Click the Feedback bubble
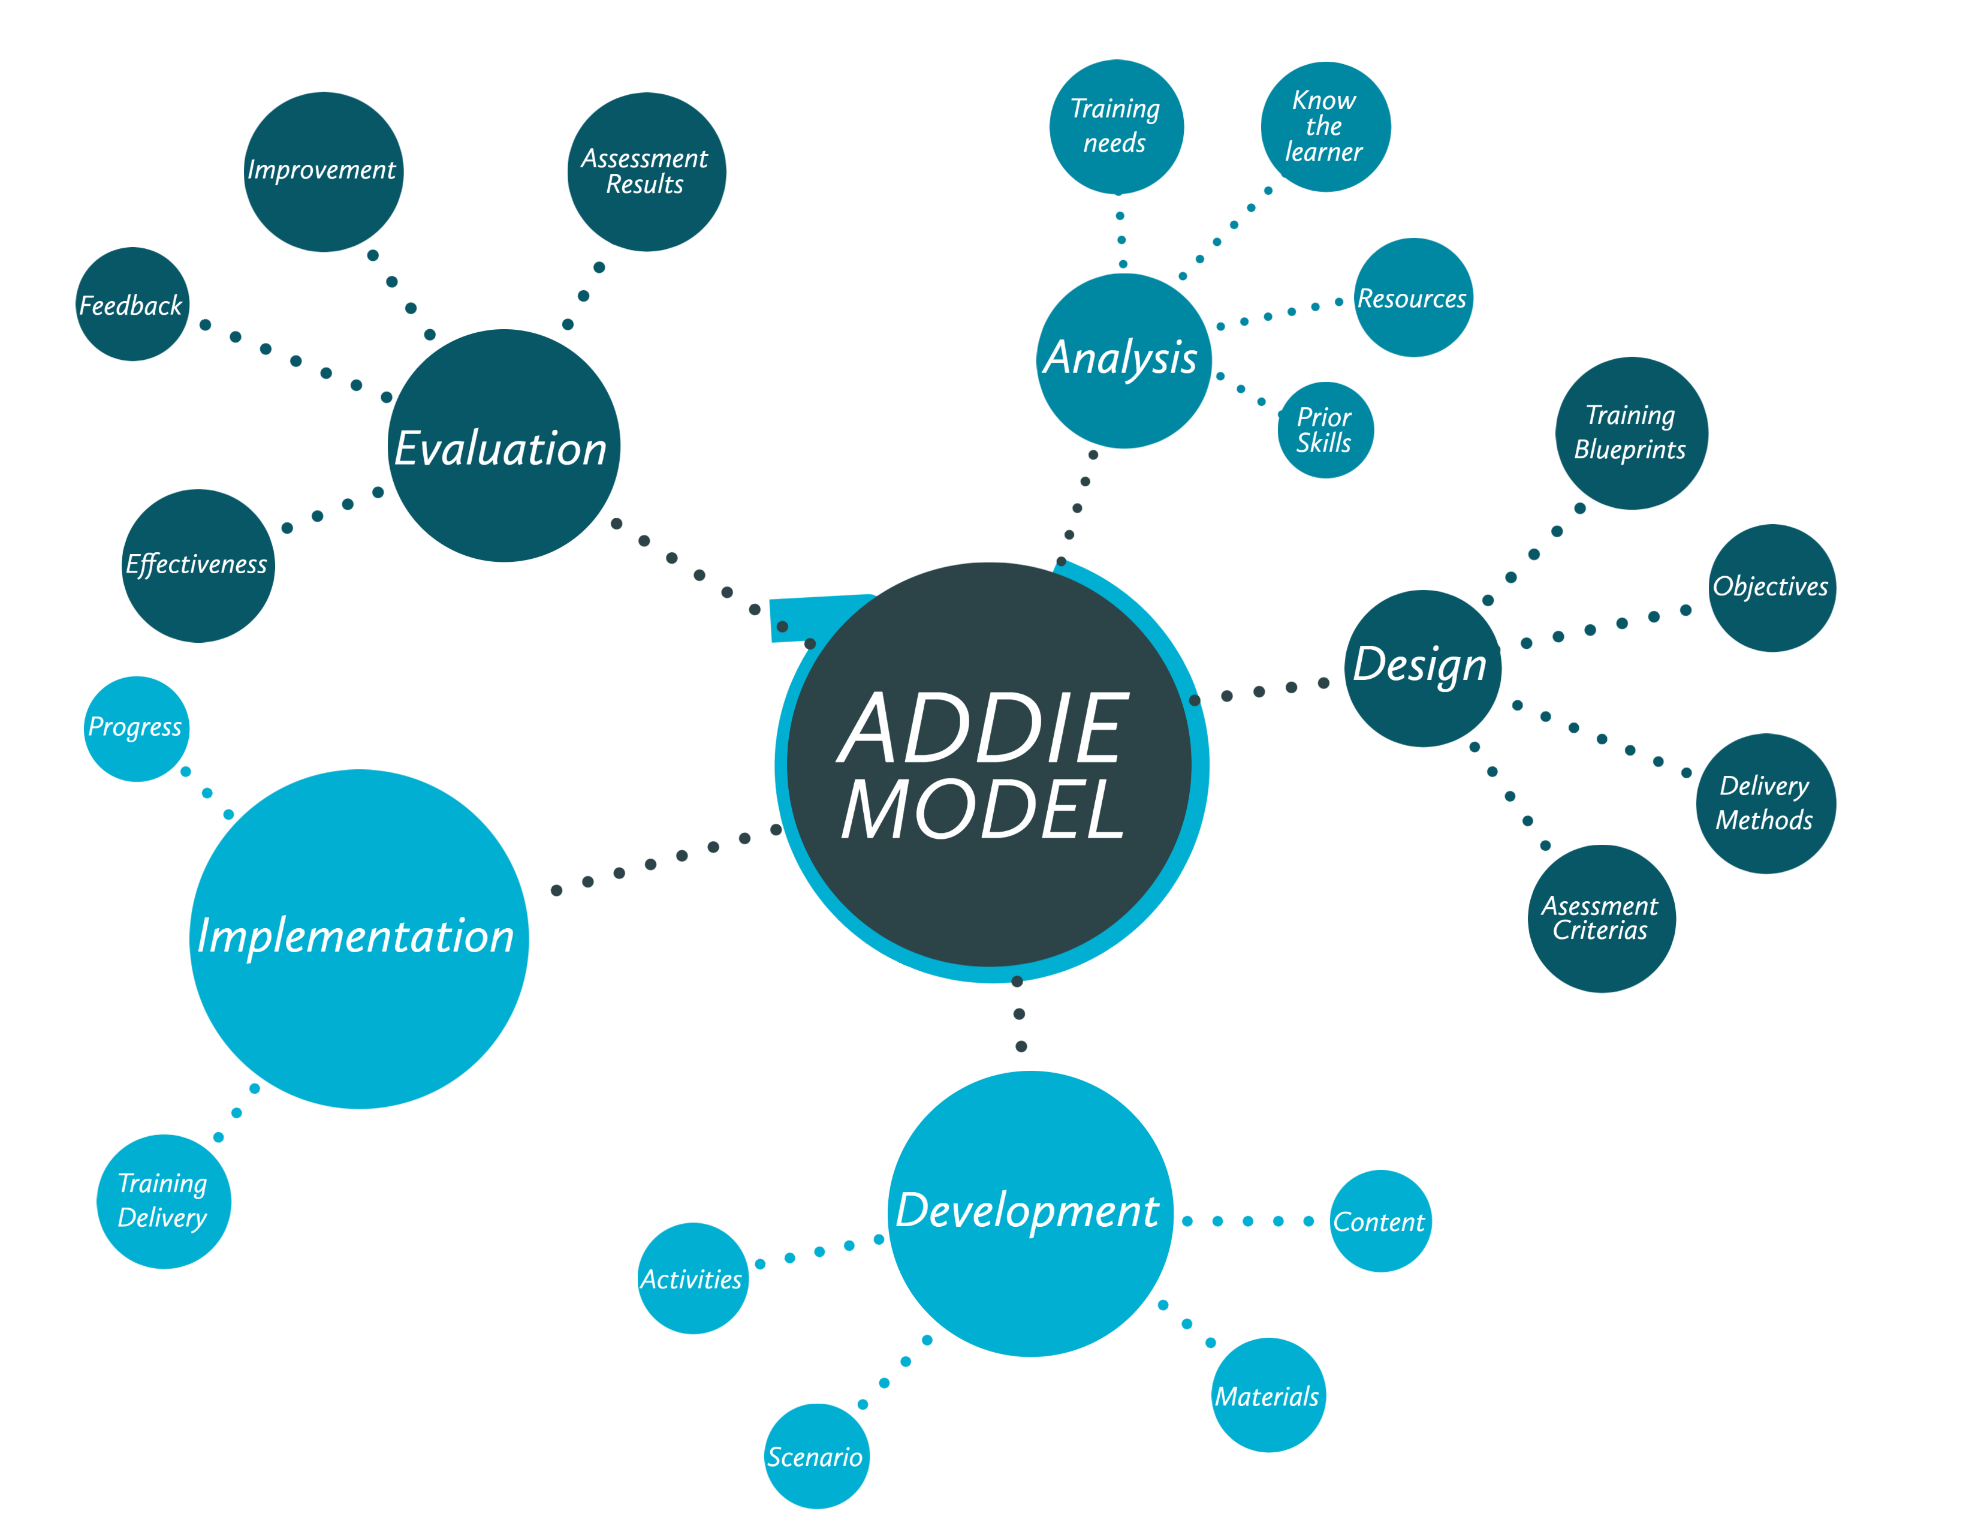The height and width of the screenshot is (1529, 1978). tap(132, 305)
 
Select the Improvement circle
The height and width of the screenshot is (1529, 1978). tap(323, 171)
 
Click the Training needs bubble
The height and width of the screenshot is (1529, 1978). tap(1116, 127)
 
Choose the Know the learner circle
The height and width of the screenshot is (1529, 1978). tap(1325, 127)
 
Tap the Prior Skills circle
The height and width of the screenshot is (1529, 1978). tap(1325, 429)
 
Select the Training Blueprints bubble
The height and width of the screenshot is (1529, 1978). tap(1631, 433)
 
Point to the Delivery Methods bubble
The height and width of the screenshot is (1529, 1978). tap(1765, 802)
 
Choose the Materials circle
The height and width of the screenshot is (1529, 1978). tap(1268, 1394)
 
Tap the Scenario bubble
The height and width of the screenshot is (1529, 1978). tap(816, 1456)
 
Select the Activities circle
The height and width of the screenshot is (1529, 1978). tap(693, 1278)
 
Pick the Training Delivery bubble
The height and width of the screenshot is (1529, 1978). tap(163, 1201)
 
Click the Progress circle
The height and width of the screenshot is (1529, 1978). tap(136, 729)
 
